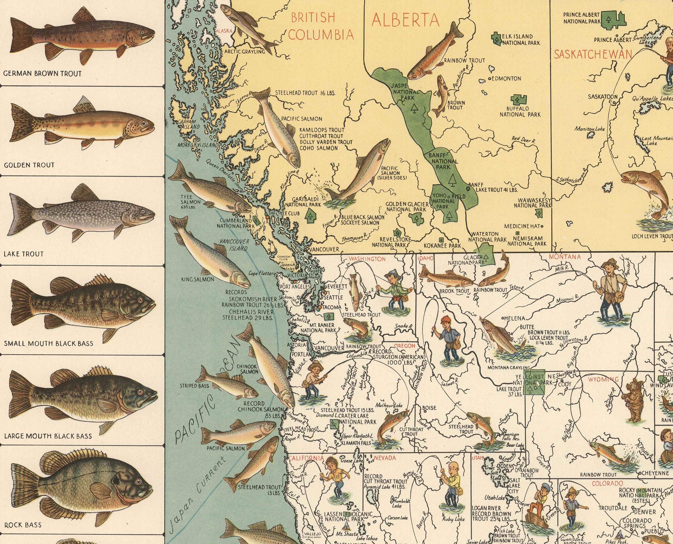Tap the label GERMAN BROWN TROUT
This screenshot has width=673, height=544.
(42, 74)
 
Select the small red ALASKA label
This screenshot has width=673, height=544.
(224, 31)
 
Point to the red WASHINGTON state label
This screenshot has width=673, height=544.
(367, 259)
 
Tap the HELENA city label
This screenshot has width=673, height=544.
(514, 318)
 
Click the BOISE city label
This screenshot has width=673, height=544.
(429, 408)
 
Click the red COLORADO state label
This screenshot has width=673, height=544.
(607, 483)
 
